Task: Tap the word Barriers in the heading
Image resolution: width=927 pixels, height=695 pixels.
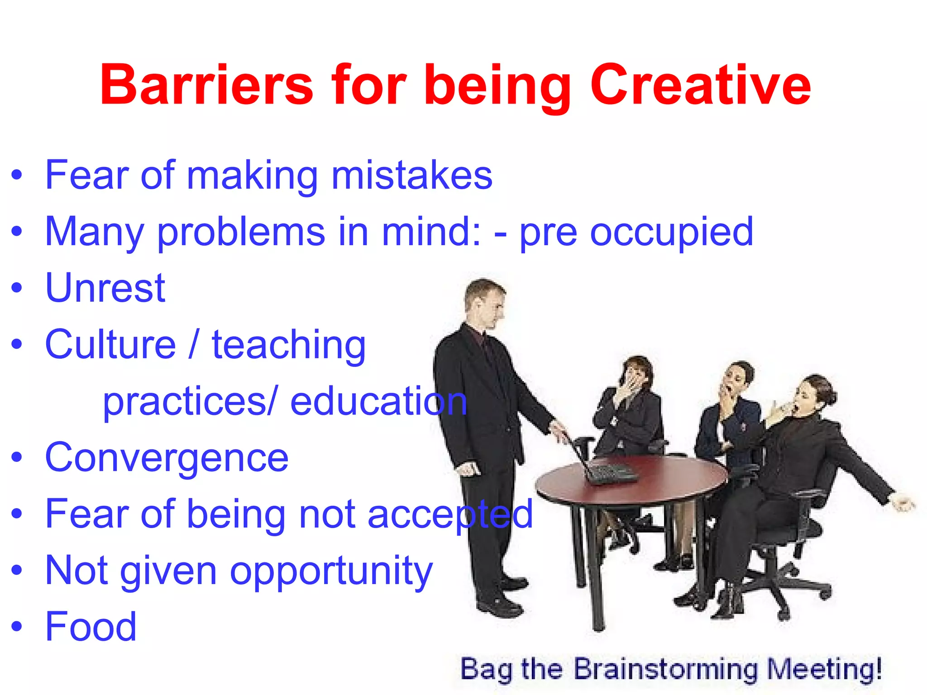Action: pyautogui.click(x=206, y=85)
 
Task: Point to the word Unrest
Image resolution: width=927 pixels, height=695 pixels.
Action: pyautogui.click(x=105, y=288)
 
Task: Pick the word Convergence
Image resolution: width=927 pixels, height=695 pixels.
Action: pyautogui.click(x=167, y=458)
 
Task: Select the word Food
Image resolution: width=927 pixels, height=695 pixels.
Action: pyautogui.click(x=91, y=627)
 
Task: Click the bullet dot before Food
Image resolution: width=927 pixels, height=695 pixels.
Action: pyautogui.click(x=17, y=627)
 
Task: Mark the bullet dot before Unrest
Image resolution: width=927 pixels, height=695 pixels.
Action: pyautogui.click(x=17, y=288)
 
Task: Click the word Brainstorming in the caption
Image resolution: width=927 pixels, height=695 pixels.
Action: pyautogui.click(x=665, y=669)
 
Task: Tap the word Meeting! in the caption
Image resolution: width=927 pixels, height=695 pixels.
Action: pyautogui.click(x=825, y=669)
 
